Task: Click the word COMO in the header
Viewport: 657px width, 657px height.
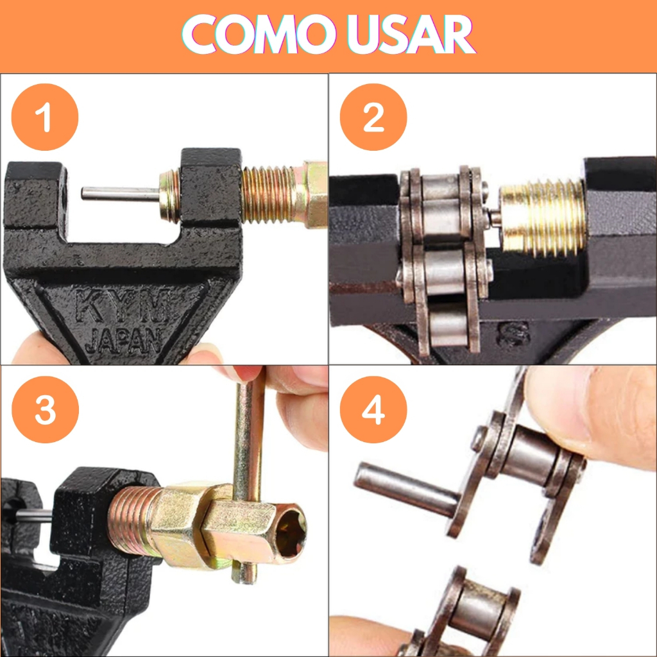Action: click(x=255, y=34)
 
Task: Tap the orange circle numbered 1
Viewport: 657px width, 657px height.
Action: click(x=45, y=117)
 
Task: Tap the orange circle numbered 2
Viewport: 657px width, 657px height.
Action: click(x=373, y=117)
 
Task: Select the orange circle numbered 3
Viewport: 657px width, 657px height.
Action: click(x=46, y=409)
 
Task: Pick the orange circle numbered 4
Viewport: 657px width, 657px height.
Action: click(x=373, y=409)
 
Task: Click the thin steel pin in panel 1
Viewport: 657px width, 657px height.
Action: click(x=120, y=194)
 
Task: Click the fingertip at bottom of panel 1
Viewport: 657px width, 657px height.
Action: click(x=33, y=347)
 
